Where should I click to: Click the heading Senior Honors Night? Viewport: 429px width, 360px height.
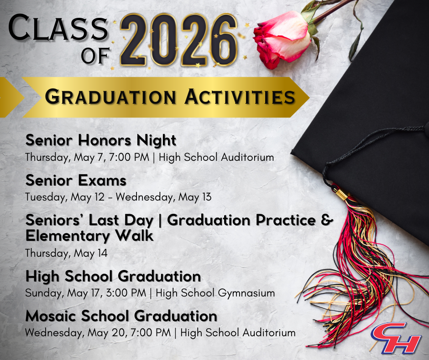[x=101, y=140]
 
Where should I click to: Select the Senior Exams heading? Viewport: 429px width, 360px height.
[x=76, y=180]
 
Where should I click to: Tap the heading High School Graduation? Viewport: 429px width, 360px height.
[x=113, y=276]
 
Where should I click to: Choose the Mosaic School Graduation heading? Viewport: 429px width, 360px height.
[x=121, y=316]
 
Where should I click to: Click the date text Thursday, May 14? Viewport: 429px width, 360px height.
[x=66, y=253]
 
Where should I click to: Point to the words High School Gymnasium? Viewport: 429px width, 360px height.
[x=215, y=293]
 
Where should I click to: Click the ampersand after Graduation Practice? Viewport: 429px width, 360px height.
[x=327, y=220]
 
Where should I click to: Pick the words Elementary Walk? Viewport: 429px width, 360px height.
[x=89, y=236]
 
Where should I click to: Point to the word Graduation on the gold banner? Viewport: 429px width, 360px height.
[x=110, y=97]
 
